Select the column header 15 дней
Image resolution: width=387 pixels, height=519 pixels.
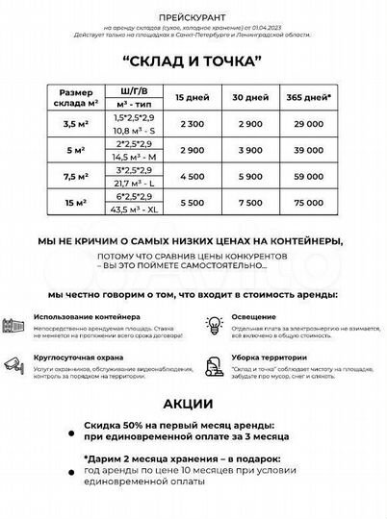(x=191, y=98)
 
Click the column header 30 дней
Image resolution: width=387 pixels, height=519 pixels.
(x=248, y=98)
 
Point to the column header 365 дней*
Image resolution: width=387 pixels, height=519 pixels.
(x=309, y=98)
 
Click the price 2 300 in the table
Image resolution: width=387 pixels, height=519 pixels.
(x=191, y=125)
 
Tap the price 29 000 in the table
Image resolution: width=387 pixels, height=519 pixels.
(x=309, y=125)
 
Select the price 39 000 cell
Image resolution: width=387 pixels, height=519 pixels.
(x=309, y=151)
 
